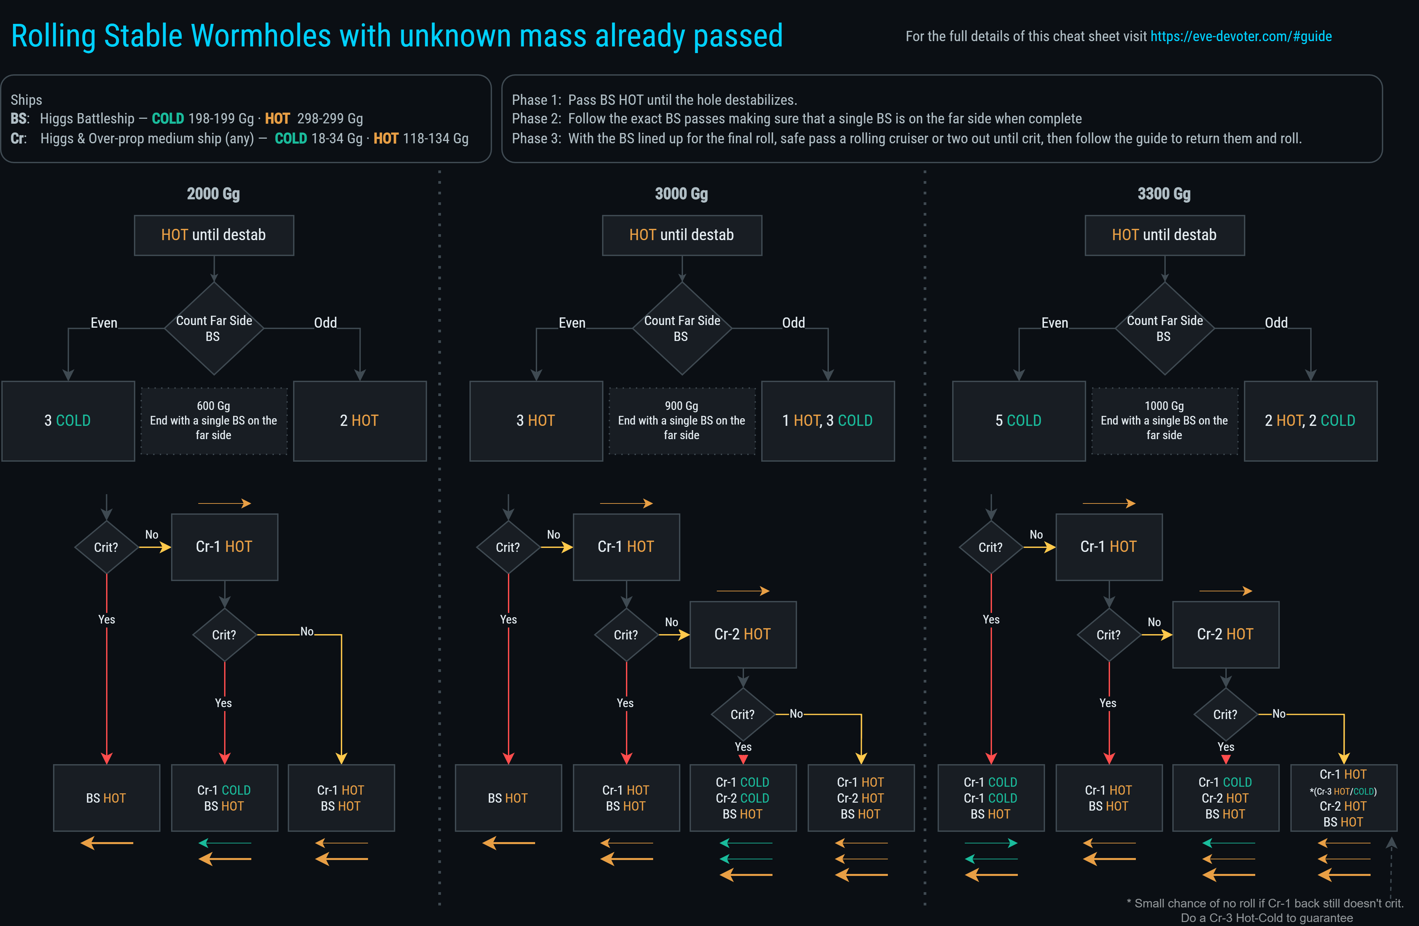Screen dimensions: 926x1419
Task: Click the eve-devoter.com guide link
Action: point(1240,36)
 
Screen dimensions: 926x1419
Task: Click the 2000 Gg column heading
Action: point(214,194)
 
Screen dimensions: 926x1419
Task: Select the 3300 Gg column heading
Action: point(1164,194)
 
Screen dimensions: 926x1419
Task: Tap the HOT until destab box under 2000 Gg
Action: point(214,235)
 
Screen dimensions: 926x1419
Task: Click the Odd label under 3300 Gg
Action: point(1276,323)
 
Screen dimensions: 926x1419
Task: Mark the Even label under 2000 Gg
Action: point(104,323)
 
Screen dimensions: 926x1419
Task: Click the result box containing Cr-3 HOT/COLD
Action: point(1343,798)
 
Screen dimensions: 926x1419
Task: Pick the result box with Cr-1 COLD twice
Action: point(990,798)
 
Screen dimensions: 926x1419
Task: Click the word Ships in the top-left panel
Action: point(26,99)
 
